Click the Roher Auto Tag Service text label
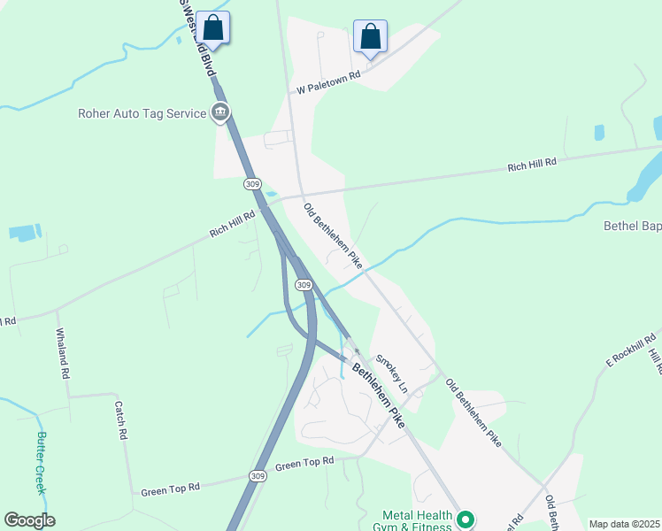[142, 112]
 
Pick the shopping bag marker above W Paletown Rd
[370, 38]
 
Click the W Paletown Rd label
[329, 82]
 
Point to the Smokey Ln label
[391, 374]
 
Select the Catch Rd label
[120, 420]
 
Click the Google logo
[29, 520]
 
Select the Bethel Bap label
[632, 227]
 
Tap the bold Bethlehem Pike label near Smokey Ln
[379, 396]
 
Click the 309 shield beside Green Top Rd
[257, 475]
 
